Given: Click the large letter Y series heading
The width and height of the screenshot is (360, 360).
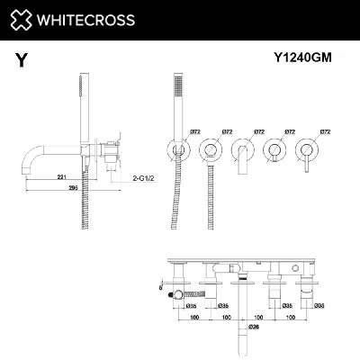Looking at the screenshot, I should click(20, 60).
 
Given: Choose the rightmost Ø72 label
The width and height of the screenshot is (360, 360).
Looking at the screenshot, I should click(322, 131).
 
